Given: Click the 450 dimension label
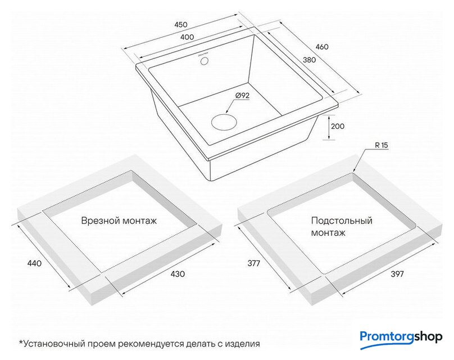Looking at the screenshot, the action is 181,25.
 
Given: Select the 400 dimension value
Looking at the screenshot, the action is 187,37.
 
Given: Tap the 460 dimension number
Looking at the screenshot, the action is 322,47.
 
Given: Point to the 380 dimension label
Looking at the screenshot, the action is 309,60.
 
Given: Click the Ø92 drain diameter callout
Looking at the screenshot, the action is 242,96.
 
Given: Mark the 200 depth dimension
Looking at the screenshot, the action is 338,127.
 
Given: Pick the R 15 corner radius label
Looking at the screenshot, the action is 382,145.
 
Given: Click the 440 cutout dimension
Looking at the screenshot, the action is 34,263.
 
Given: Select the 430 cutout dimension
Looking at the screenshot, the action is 178,274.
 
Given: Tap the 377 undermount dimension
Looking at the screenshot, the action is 254,263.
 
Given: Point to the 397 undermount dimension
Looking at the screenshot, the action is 397,274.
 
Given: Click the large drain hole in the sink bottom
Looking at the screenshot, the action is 224,121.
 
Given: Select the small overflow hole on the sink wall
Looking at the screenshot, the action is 205,61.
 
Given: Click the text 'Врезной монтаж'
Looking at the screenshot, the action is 119,220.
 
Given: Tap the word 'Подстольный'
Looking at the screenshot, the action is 342,220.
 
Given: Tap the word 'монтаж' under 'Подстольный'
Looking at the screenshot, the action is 328,233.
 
